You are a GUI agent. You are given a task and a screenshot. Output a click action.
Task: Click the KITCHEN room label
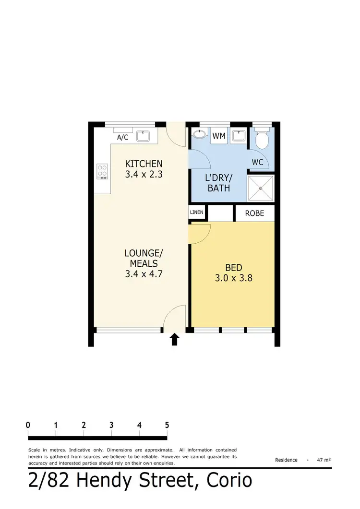pos(144,164)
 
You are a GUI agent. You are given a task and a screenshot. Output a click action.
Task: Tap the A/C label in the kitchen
pos(123,138)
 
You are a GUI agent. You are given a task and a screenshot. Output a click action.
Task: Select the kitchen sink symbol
pos(144,136)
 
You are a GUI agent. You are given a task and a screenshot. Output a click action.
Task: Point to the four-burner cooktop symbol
pos(102,171)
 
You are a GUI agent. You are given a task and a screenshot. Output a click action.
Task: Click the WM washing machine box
pos(219,136)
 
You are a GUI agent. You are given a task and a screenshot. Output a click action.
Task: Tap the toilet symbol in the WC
pos(262,139)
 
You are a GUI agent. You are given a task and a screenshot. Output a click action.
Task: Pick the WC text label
pos(258,162)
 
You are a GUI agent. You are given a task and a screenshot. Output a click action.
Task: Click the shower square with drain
pos(261,188)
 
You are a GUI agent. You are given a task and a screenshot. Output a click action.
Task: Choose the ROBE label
pos(254,213)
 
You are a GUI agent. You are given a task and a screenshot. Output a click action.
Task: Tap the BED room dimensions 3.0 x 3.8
pos(233,277)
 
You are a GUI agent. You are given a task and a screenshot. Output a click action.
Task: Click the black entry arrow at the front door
pos(175,339)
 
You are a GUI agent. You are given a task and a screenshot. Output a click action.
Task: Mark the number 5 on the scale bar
pos(167,425)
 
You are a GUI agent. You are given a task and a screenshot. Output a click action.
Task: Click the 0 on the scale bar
pos(28,425)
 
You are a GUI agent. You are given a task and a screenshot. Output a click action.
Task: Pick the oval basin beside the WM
pos(199,135)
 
